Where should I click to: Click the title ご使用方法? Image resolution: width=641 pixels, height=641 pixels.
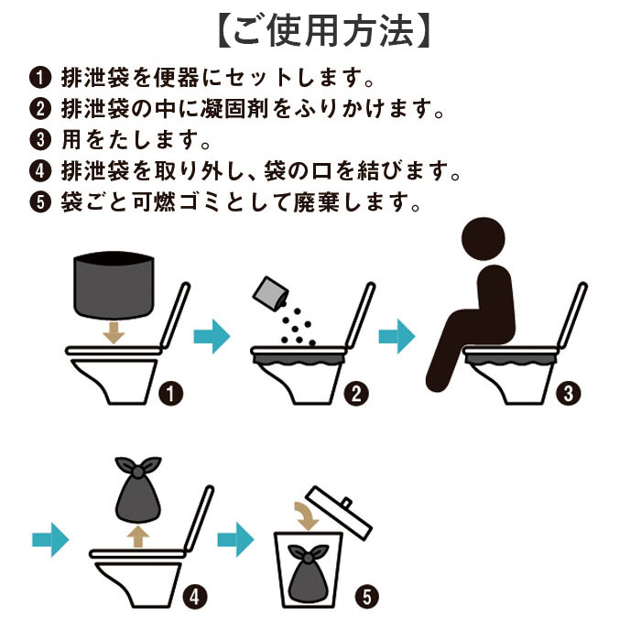tap(320, 30)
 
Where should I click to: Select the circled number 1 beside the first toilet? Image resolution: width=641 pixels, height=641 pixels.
tap(170, 395)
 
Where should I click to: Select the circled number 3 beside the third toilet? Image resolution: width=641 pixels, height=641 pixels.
tap(568, 395)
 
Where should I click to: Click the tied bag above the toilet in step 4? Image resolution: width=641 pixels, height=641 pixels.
tap(137, 494)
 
